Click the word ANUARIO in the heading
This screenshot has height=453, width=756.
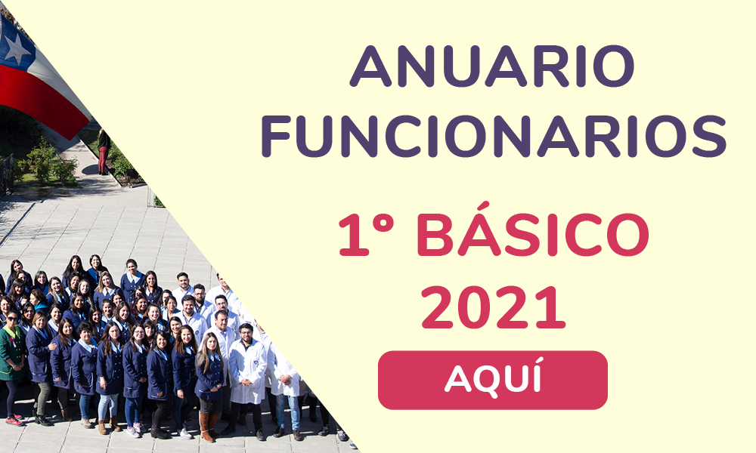(x=492, y=66)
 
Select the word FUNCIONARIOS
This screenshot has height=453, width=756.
(x=494, y=136)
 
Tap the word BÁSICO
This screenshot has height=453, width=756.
(x=532, y=236)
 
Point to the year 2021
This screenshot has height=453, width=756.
(x=493, y=307)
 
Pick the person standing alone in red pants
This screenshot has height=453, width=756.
(x=104, y=152)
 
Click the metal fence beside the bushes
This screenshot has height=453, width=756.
(x=7, y=174)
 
